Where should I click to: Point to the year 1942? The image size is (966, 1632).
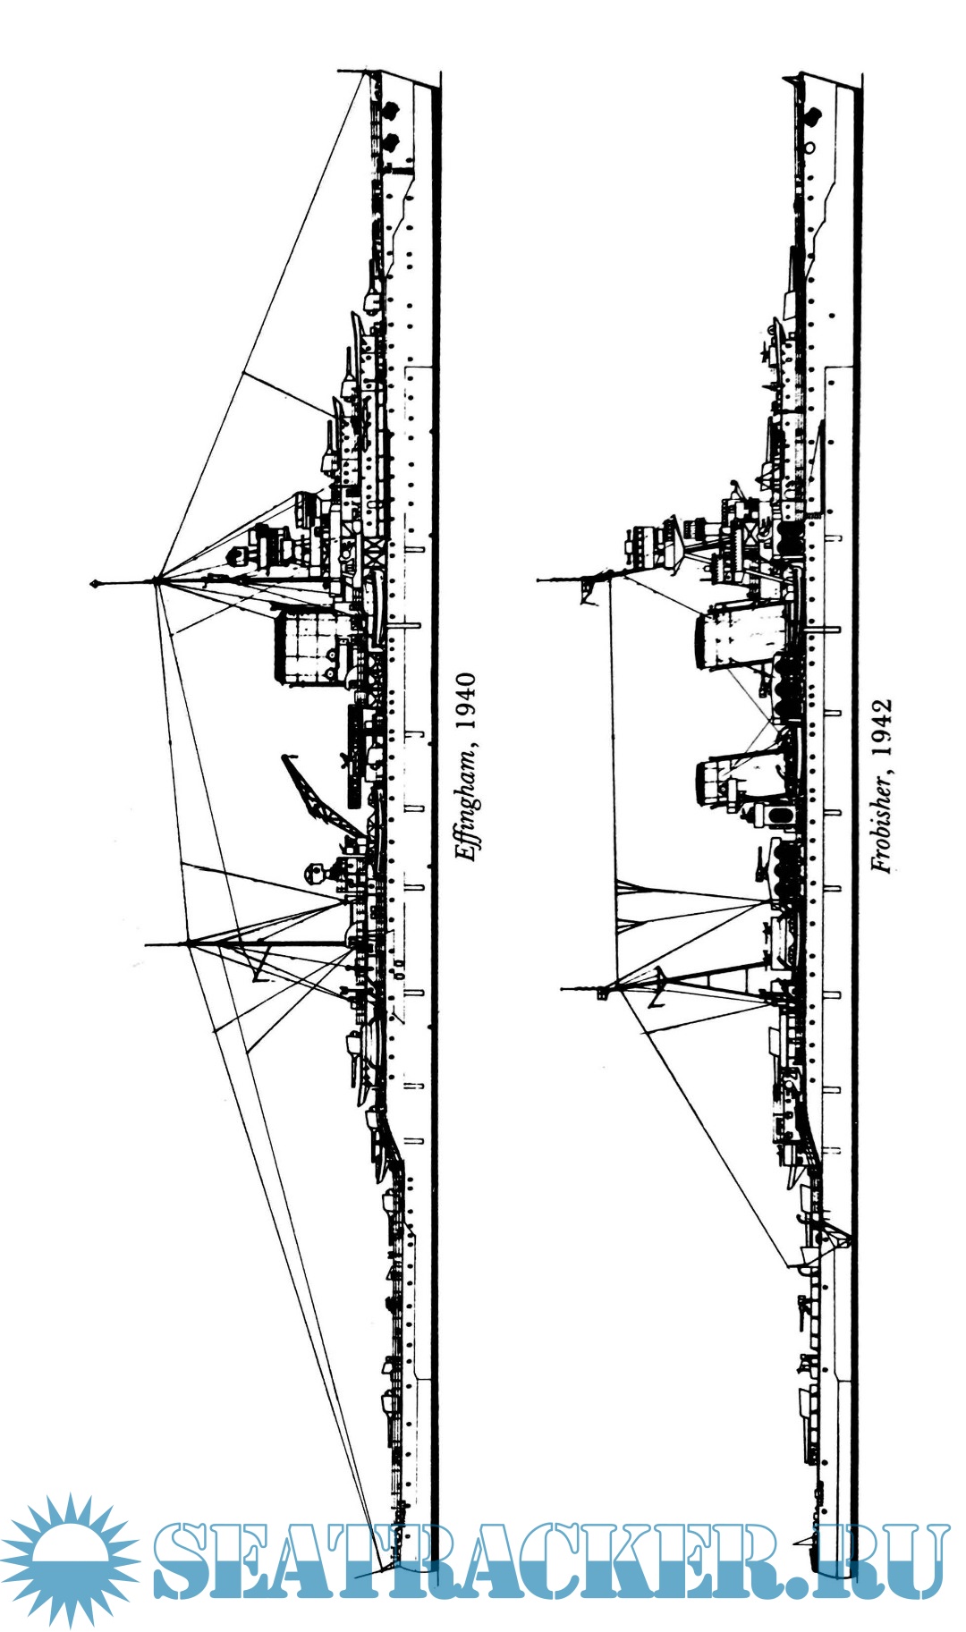[x=882, y=727]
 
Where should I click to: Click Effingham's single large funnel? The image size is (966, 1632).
[x=304, y=647]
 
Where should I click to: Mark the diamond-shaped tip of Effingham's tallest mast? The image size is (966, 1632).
[x=94, y=584]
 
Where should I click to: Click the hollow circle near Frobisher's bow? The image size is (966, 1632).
[x=810, y=146]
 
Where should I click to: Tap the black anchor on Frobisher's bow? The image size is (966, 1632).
[x=813, y=114]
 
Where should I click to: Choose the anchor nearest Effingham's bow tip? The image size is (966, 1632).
[x=390, y=110]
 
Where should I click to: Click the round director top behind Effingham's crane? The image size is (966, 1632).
[x=313, y=870]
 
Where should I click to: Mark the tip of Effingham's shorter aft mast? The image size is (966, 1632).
[x=146, y=943]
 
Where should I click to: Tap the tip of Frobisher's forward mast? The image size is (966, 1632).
[x=538, y=580]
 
